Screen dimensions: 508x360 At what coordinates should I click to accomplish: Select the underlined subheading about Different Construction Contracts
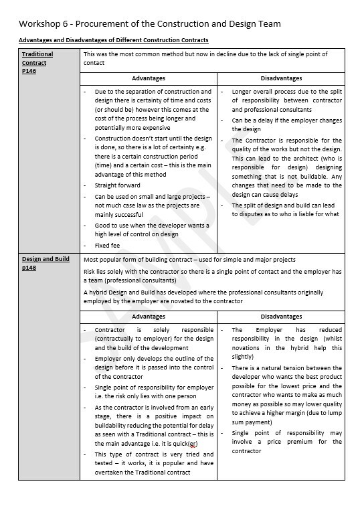click(113, 41)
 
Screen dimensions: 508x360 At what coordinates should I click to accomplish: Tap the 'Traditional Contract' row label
click(37, 58)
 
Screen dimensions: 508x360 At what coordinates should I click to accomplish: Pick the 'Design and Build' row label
click(46, 259)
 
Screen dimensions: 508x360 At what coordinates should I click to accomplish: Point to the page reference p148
click(29, 268)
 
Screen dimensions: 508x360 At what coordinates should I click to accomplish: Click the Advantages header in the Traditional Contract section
click(148, 78)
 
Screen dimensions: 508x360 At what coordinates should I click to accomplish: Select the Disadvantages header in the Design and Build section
click(281, 317)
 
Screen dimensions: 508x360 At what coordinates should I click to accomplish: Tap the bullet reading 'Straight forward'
click(118, 185)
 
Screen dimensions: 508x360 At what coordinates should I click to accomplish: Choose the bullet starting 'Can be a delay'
click(286, 125)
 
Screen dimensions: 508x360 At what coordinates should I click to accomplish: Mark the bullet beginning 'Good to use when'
click(152, 230)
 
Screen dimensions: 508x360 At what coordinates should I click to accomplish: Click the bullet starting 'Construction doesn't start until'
click(153, 156)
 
